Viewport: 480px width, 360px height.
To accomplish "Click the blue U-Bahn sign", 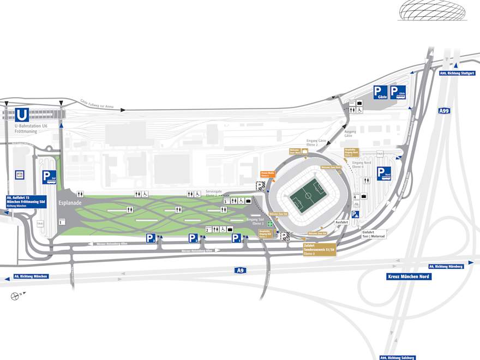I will [x=22, y=115].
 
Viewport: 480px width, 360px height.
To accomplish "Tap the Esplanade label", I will [x=70, y=203].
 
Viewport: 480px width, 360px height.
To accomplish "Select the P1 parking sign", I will [x=236, y=238].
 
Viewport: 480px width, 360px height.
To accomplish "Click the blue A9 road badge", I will [x=240, y=270].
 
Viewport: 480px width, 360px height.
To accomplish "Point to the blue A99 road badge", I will [x=445, y=111].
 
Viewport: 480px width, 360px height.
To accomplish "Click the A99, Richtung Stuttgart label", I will [x=457, y=73].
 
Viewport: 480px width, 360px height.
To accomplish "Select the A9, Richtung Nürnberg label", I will [x=446, y=266].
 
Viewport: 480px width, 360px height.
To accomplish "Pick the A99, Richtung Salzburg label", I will [x=398, y=357].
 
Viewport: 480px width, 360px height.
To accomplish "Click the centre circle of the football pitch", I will [x=309, y=195].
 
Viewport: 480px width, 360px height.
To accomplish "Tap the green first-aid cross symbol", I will [x=269, y=224].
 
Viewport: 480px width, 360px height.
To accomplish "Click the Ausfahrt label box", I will [x=341, y=223].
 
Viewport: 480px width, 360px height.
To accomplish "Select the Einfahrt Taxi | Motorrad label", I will [x=374, y=233].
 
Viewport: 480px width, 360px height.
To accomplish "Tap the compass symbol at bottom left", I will [x=14, y=296].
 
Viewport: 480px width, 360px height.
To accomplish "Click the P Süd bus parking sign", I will [x=50, y=177].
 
